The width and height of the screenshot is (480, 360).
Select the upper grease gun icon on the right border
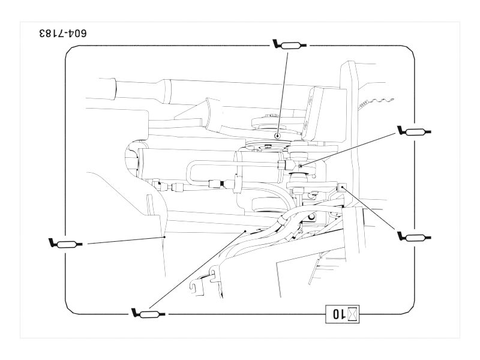pos(415,131)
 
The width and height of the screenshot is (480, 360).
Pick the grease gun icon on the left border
pos(65,243)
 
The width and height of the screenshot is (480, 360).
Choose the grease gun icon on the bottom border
pos(148,313)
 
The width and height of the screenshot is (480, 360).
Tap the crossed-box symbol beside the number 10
pos(353,313)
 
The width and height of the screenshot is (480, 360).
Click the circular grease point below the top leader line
pos(277,137)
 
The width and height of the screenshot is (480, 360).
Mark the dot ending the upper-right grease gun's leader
pos(300,165)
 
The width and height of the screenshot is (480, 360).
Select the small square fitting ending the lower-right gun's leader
pos(342,187)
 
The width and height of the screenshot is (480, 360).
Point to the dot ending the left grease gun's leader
pos(164,237)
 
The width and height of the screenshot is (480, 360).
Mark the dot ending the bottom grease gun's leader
pos(245,230)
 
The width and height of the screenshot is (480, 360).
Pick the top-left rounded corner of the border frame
pos(69,53)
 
